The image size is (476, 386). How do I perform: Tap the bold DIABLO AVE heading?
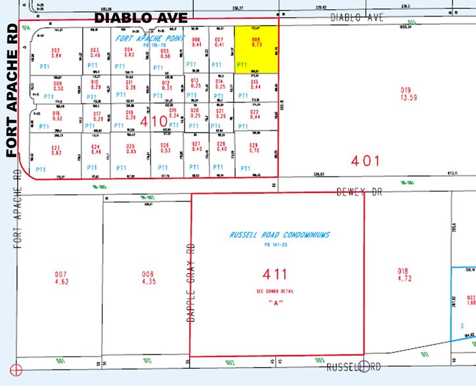click(x=141, y=18)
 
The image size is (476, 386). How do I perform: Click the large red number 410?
click(x=154, y=121)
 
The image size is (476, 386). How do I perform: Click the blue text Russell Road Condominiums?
click(x=280, y=234)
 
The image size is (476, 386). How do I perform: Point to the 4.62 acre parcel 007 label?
click(x=61, y=277)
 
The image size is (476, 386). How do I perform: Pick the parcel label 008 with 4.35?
click(x=147, y=277)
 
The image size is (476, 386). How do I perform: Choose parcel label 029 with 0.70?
click(x=253, y=148)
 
